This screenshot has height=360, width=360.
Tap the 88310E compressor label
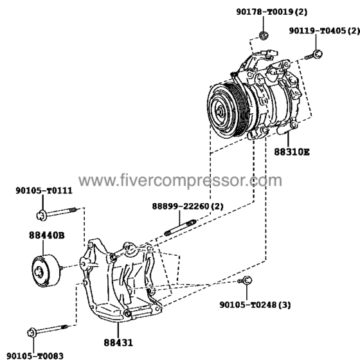292,152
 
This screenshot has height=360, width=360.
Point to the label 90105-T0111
44,190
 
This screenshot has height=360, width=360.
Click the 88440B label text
47,235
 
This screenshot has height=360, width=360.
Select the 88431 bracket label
118,343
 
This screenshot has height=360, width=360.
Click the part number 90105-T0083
35,356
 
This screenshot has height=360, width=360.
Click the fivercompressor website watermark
180,181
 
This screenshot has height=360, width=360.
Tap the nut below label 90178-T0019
264,35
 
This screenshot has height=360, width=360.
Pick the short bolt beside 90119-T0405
314,55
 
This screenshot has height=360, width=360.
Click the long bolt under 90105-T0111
57,213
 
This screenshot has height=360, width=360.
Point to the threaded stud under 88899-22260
181,228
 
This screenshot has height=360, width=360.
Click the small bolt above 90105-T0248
245,280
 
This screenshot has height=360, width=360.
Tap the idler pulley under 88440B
46,271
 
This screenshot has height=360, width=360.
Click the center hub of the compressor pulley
220,111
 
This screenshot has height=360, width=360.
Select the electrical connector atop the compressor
271,53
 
